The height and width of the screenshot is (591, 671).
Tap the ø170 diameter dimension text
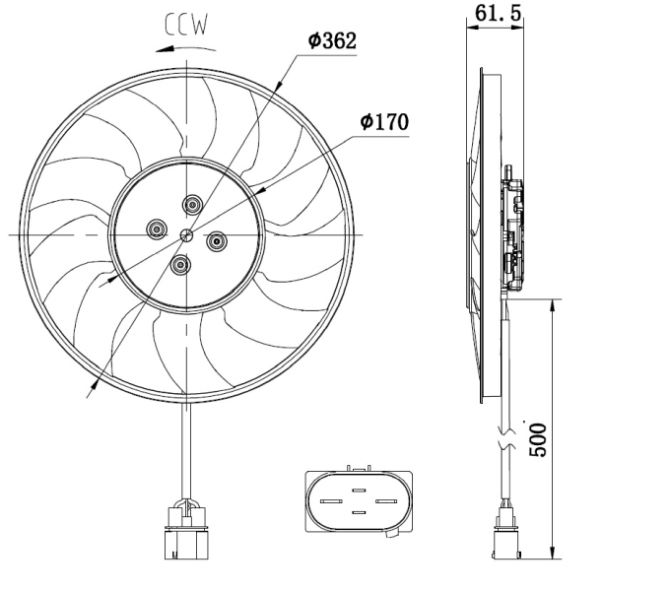tap(384, 122)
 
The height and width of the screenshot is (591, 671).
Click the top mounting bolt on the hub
tap(192, 205)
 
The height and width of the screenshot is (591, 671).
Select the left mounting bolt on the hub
tap(156, 230)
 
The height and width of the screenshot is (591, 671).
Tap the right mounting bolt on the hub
tap(217, 238)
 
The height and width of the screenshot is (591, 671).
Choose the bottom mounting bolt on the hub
tap(180, 264)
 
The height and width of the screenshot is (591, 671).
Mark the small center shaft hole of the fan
tap(186, 234)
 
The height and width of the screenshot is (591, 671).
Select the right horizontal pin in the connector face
tap(385, 499)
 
